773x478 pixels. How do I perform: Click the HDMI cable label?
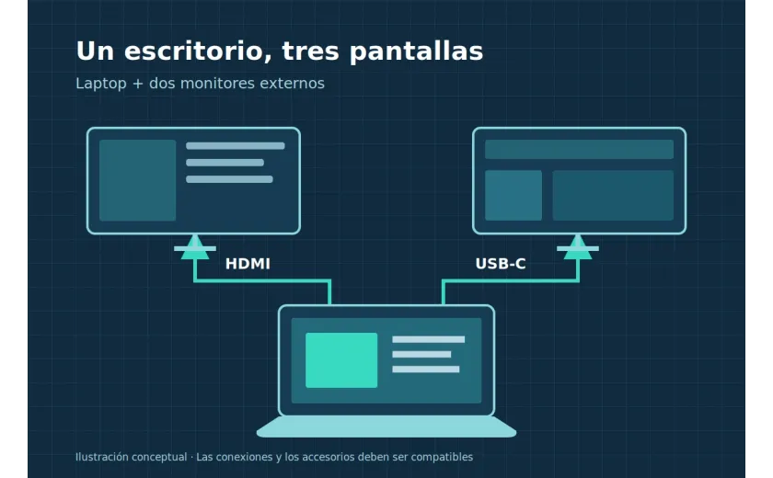[x=248, y=264]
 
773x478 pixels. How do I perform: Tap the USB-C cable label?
[x=501, y=264]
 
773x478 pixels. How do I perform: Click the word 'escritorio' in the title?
[x=198, y=51]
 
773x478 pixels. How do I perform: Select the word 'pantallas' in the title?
[x=416, y=51]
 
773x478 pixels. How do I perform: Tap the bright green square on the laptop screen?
[x=341, y=360]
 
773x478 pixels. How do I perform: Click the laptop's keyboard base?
[x=386, y=427]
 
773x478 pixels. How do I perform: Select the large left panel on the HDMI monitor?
[x=137, y=180]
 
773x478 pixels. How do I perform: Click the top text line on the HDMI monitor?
[x=236, y=146]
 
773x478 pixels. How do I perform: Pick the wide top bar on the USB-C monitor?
[x=579, y=149]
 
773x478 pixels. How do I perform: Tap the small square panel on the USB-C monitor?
[x=513, y=196]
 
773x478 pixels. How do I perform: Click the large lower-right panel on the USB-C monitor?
[x=613, y=196]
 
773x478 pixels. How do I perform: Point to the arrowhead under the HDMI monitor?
[x=195, y=247]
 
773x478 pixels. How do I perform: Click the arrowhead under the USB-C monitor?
[x=578, y=247]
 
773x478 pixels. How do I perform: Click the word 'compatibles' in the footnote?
[x=442, y=458]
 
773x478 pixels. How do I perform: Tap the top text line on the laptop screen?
[x=429, y=339]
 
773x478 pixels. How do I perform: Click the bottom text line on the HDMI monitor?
[x=229, y=179]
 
